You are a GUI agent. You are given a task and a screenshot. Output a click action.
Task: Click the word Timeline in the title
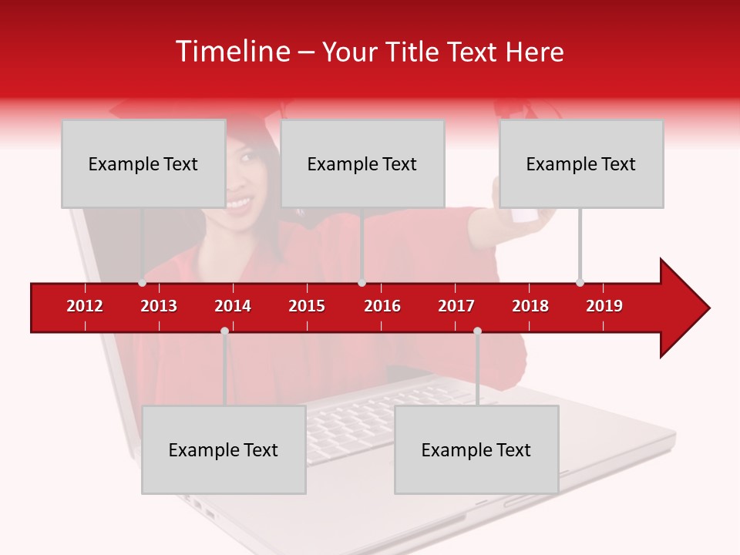(232, 52)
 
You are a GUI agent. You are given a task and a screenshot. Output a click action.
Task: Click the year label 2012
(85, 306)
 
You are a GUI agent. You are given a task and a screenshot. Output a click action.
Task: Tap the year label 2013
(159, 306)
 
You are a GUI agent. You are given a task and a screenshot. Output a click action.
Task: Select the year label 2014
(233, 306)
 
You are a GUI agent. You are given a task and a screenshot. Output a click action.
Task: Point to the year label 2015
(307, 306)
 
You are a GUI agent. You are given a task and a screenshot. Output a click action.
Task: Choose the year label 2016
(382, 306)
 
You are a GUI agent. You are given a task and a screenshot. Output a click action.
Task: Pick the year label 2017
(456, 306)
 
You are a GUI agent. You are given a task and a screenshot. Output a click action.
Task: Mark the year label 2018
(530, 306)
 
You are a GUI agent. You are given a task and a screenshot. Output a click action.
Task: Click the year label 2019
(604, 306)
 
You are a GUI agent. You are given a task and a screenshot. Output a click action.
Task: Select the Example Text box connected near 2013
(143, 163)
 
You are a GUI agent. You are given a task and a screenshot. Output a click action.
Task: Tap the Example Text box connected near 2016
(362, 163)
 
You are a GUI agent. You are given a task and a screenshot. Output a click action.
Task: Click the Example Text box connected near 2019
(581, 163)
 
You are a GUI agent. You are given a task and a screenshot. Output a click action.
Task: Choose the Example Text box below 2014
(224, 449)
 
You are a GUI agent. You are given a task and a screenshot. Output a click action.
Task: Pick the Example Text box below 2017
(476, 449)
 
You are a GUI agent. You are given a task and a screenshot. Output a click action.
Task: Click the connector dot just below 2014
(224, 331)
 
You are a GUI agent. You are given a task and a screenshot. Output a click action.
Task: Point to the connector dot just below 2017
(477, 331)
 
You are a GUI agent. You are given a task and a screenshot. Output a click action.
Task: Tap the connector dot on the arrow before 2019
(580, 282)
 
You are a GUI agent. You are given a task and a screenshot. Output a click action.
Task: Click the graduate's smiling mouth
(240, 202)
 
